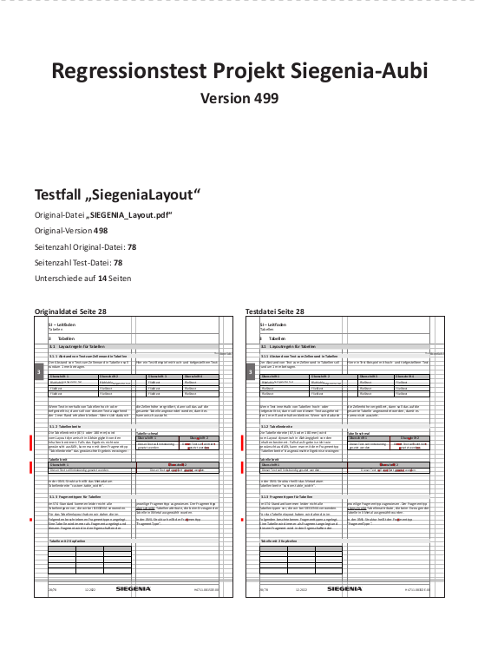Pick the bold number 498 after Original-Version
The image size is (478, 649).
point(101,231)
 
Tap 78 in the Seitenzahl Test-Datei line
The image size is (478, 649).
point(118,262)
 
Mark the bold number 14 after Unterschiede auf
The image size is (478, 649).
point(102,278)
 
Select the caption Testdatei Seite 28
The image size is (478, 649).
point(274,311)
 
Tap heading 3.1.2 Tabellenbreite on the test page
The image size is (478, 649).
point(283,428)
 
